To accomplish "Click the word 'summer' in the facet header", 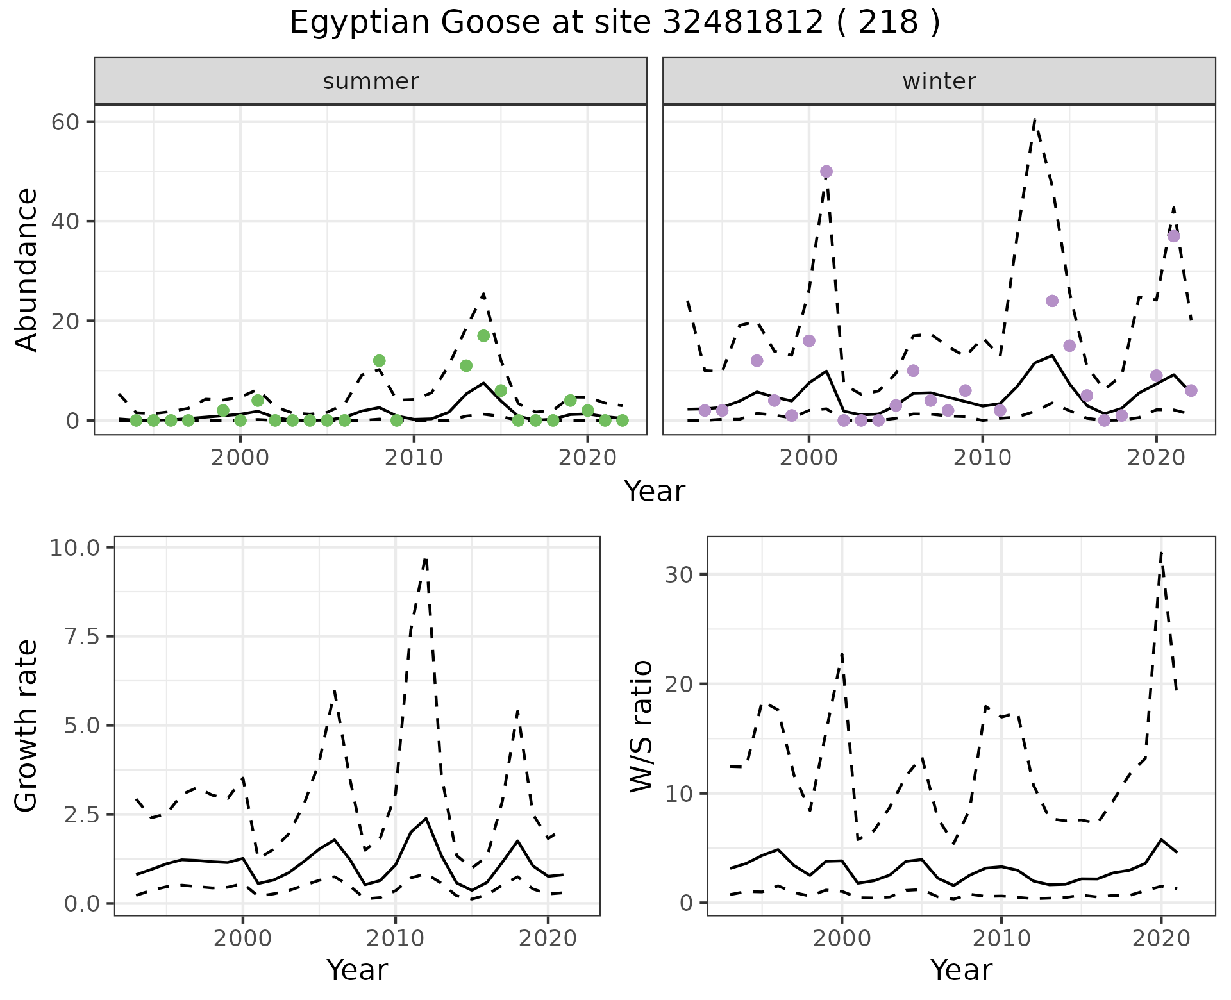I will coord(371,81).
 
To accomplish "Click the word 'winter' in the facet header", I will coord(939,81).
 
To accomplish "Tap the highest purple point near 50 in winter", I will coord(826,171).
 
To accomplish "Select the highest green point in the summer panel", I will coord(483,336).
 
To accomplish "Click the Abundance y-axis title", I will coord(27,269).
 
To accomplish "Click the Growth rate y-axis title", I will coord(27,726).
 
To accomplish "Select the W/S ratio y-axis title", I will coord(642,726).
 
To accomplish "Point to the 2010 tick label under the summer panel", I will coord(414,458).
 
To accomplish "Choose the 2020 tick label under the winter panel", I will coord(1156,458).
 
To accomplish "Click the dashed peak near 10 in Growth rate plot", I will coord(425,558).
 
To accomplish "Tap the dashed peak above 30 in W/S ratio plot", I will coord(1161,553).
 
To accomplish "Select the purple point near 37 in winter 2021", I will coord(1173,236).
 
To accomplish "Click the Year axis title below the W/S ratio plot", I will coord(961,971).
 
